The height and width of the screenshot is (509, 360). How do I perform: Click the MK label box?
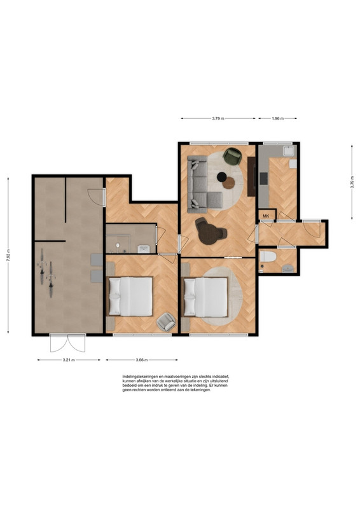(267, 215)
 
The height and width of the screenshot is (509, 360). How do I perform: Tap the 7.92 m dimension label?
(8, 256)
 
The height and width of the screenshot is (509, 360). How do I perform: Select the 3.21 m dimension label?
(69, 359)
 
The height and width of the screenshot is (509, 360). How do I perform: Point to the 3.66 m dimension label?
(142, 359)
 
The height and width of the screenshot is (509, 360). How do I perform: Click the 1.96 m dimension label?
(277, 118)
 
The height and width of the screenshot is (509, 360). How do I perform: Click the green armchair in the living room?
(233, 156)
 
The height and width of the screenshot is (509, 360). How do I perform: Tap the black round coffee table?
(222, 177)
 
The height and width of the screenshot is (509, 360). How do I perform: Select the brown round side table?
(228, 183)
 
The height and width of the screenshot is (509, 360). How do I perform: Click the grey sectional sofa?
(200, 183)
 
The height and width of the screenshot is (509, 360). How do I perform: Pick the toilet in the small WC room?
(268, 256)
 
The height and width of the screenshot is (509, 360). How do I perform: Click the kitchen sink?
(288, 151)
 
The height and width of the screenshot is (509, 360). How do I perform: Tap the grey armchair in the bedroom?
(166, 322)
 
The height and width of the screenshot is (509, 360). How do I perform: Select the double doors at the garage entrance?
(67, 343)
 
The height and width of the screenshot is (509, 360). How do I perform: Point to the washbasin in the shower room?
(144, 249)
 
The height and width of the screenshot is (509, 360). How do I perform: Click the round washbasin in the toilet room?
(288, 268)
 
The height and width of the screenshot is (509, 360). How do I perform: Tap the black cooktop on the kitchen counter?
(263, 179)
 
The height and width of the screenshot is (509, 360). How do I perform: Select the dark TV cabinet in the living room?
(251, 176)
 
